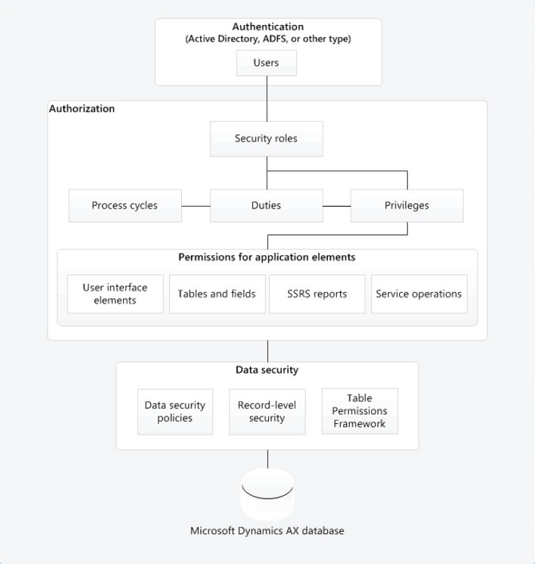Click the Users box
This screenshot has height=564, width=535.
pos(267,65)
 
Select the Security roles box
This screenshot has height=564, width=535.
pos(266,139)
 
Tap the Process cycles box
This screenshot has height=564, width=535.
pos(126,205)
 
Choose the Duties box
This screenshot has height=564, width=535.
pos(266,205)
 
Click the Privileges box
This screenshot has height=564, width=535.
pos(407,205)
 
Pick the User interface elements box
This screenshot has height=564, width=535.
pos(115,294)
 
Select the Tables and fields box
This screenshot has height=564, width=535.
pos(217,294)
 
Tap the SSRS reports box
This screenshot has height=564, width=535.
pos(317,294)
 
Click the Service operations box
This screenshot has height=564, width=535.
pos(419,294)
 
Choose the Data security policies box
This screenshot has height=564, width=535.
pos(174,411)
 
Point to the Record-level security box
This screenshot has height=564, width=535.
pos(267,411)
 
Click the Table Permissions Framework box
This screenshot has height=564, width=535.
pos(359,410)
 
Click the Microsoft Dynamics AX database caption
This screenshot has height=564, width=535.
pos(267,531)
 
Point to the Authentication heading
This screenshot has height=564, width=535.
pos(268,27)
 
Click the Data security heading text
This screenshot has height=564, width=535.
pos(267,370)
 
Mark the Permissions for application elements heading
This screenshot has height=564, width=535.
pos(267,258)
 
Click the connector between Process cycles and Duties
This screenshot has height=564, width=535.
pos(196,205)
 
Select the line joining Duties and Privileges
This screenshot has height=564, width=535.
pos(336,205)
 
